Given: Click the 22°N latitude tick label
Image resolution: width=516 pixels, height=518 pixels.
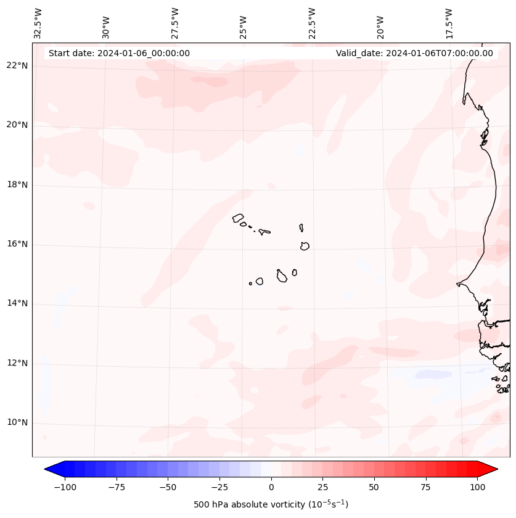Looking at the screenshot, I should click(17, 66).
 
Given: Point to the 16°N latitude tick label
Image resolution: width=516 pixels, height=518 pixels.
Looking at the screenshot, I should click(17, 244).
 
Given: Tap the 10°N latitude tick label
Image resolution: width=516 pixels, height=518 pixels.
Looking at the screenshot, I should click(17, 423).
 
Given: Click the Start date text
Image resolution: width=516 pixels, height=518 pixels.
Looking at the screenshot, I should click(119, 53).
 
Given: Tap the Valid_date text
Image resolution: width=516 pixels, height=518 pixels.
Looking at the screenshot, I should click(414, 53).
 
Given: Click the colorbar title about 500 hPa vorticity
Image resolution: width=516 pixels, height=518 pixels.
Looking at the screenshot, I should click(271, 505).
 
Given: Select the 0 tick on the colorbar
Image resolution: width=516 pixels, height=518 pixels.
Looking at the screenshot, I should click(271, 487).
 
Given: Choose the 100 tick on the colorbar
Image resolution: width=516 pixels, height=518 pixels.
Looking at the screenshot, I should click(477, 487).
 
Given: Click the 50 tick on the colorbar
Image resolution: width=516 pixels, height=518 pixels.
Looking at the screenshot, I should click(374, 487).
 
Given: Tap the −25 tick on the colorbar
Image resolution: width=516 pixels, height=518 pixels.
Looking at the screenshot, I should click(219, 487).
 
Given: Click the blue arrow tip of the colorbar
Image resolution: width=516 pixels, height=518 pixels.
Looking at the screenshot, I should click(47, 470).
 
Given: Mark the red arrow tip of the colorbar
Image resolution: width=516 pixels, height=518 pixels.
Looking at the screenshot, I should click(495, 470).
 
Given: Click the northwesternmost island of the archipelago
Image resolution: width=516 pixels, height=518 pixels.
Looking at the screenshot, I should click(238, 217).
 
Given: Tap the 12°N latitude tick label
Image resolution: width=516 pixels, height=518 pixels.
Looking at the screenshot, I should click(17, 364).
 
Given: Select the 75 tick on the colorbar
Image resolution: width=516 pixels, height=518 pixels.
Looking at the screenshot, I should click(425, 487).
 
